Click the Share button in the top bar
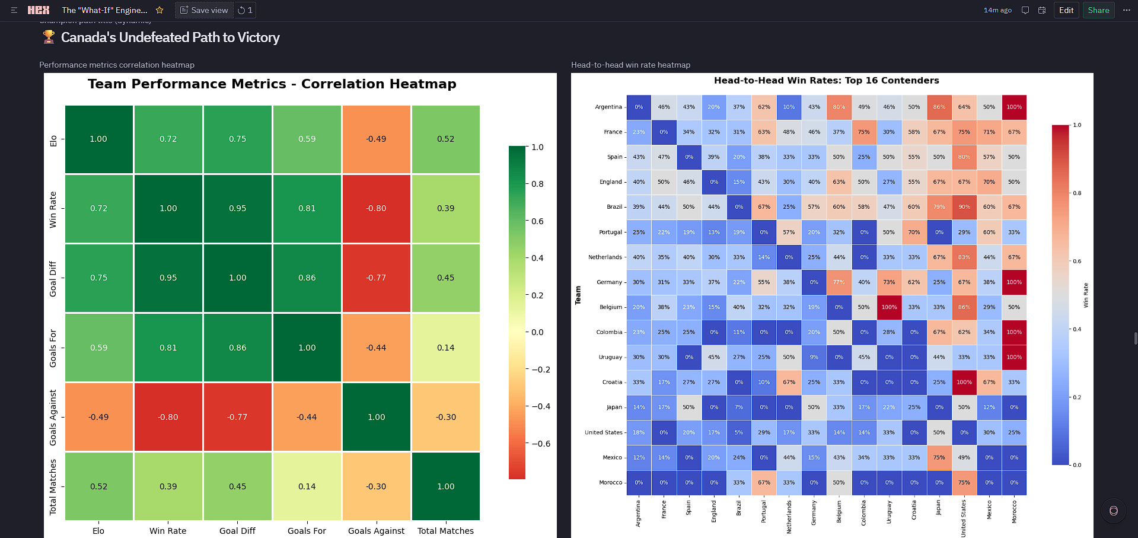tap(1098, 10)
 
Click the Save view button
tap(204, 10)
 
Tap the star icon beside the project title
tap(160, 10)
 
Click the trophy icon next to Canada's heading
tap(49, 37)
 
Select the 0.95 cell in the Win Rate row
tap(237, 208)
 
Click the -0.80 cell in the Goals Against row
tap(168, 417)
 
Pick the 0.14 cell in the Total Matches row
tap(307, 486)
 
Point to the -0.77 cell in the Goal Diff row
tap(376, 278)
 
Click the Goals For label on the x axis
tap(307, 531)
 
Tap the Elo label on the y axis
tap(53, 141)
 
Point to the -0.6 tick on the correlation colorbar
tap(540, 444)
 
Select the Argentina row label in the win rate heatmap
tap(608, 107)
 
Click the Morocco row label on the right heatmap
tap(610, 483)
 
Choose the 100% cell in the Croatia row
tap(964, 383)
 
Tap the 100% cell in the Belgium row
tap(889, 307)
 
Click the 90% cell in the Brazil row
tap(964, 207)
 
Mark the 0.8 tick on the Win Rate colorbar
tap(1077, 193)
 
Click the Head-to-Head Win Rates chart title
tap(826, 81)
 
